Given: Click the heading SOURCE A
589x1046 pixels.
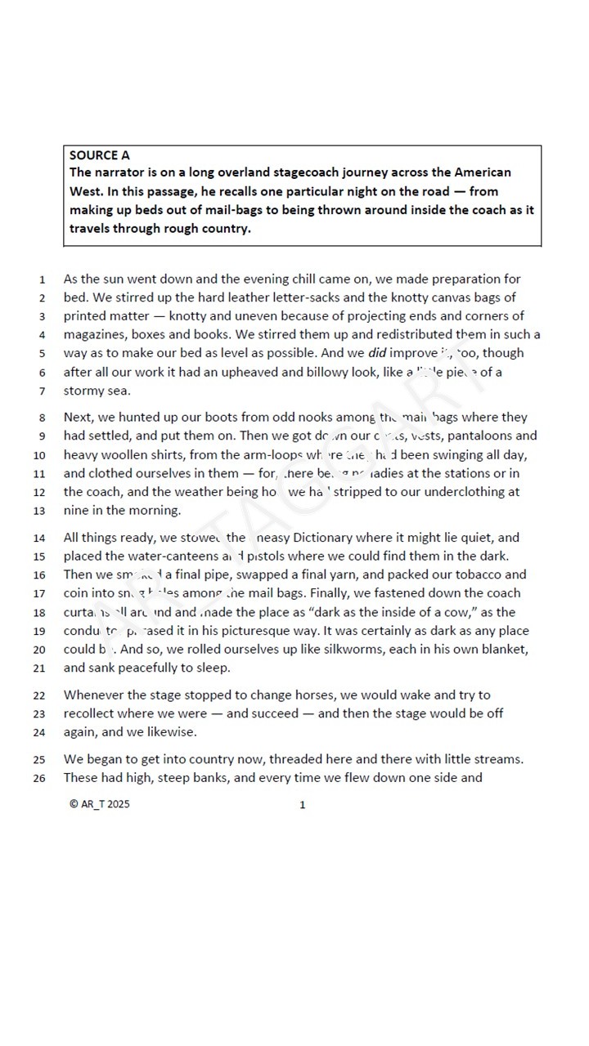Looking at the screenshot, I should [99, 155].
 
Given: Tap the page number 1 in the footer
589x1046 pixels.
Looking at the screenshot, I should [303, 805].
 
